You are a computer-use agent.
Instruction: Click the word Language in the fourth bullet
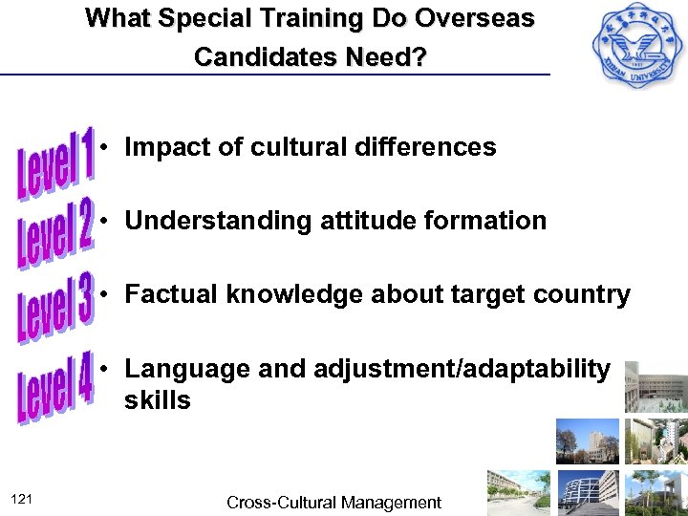pos(180,368)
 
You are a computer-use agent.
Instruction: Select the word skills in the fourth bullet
pos(157,400)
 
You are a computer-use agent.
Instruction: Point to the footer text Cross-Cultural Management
pos(333,502)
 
